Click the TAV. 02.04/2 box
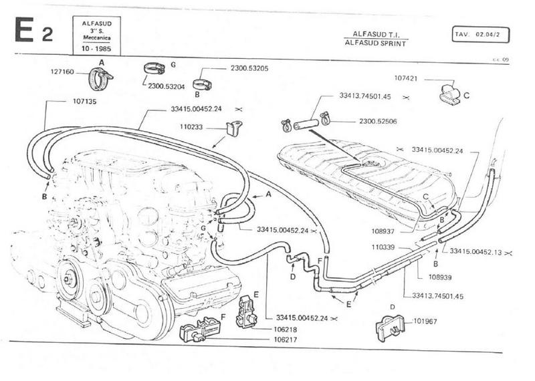click(481, 33)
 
